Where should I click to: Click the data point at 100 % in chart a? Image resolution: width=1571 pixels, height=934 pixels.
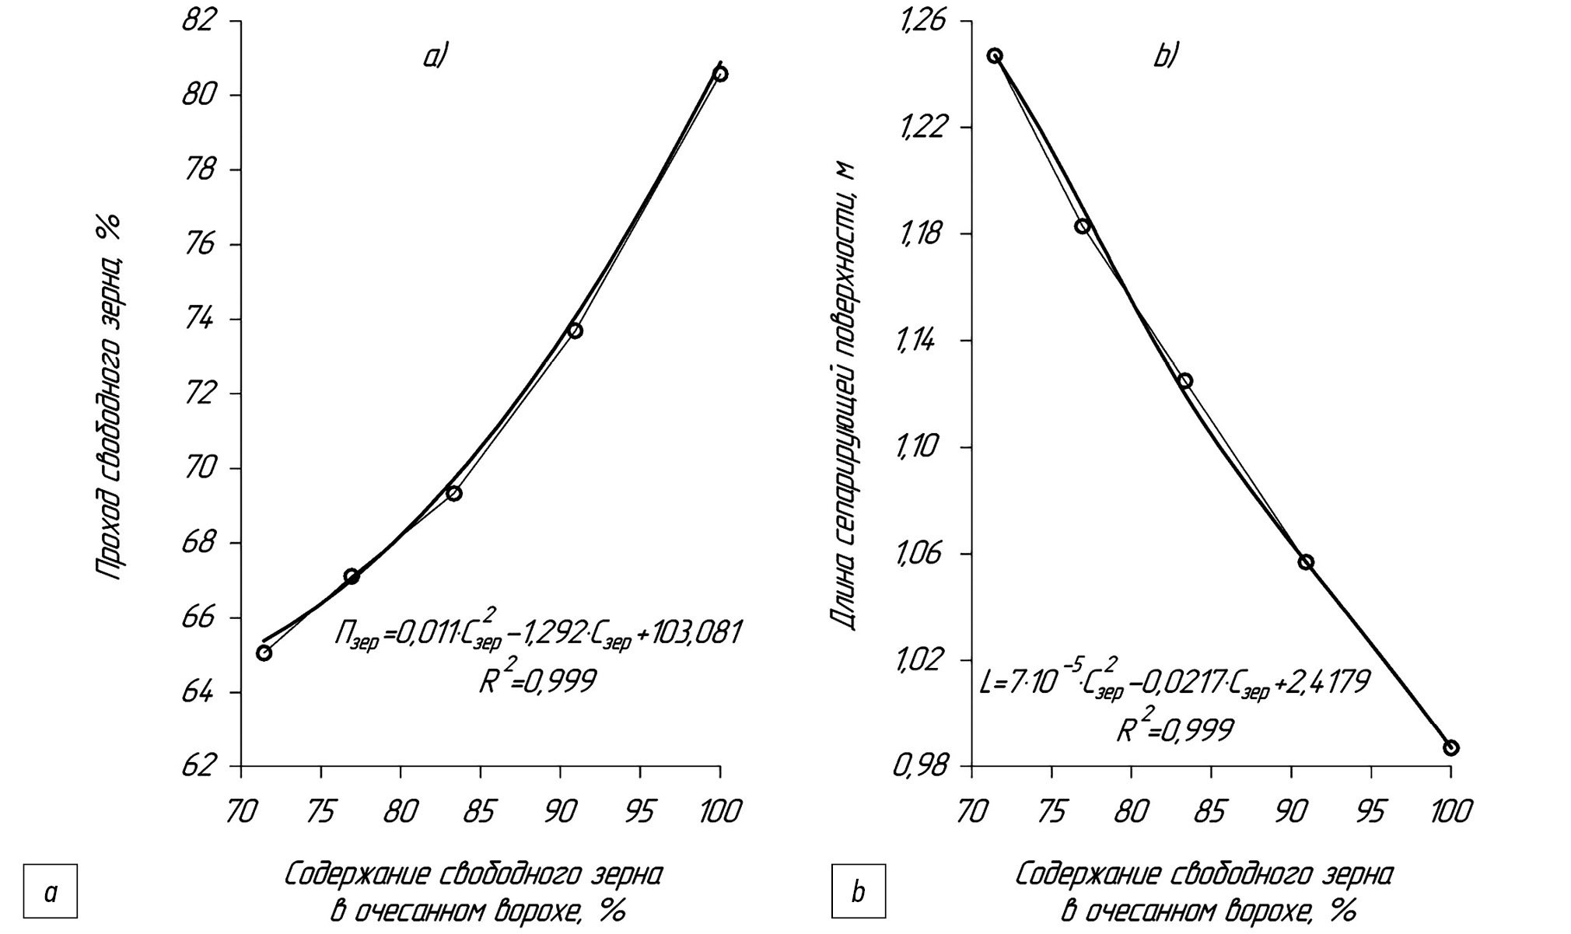pyautogui.click(x=720, y=74)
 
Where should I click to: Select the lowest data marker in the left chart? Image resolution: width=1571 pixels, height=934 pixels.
pyautogui.click(x=264, y=652)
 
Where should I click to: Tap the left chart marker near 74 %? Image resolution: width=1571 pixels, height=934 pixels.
pyautogui.click(x=575, y=331)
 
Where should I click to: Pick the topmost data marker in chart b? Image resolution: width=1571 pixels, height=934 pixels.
pyautogui.click(x=995, y=56)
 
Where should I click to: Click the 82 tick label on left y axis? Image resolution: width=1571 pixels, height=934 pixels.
pyautogui.click(x=198, y=20)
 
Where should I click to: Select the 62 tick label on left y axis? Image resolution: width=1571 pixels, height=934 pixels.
pyautogui.click(x=198, y=766)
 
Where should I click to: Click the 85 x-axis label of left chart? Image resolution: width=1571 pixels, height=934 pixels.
pyautogui.click(x=479, y=812)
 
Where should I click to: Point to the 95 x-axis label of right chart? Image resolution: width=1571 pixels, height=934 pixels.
pyautogui.click(x=1370, y=812)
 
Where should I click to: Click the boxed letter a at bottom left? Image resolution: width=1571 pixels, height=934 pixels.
pyautogui.click(x=51, y=891)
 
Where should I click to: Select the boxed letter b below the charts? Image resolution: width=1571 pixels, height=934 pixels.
pyautogui.click(x=858, y=891)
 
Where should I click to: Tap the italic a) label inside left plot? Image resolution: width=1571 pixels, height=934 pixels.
pyautogui.click(x=436, y=57)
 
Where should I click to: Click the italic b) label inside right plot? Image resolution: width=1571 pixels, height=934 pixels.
pyautogui.click(x=1166, y=57)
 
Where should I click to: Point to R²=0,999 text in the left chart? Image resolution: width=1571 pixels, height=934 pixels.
pyautogui.click(x=537, y=680)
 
